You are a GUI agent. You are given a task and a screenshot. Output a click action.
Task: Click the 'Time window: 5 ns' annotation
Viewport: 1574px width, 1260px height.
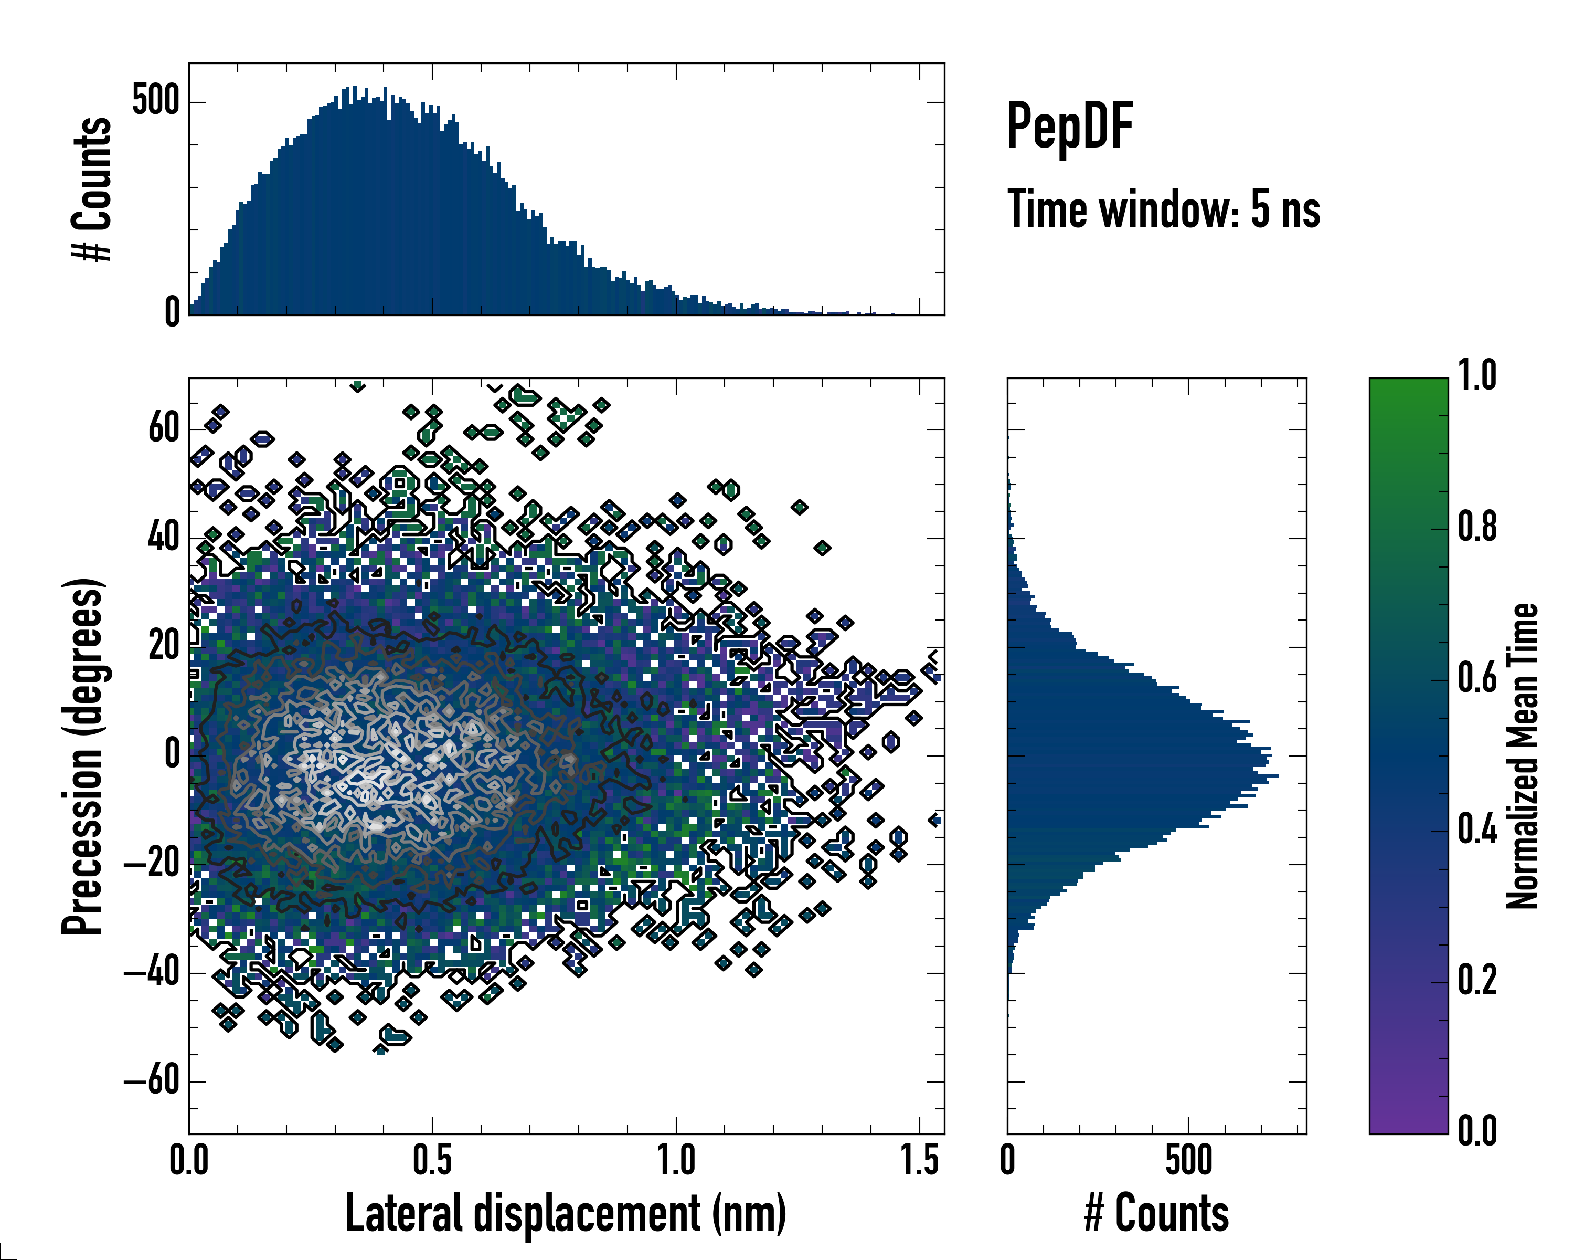(x=1163, y=209)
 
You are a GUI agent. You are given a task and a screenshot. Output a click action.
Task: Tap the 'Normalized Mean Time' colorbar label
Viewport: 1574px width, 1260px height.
(x=1522, y=756)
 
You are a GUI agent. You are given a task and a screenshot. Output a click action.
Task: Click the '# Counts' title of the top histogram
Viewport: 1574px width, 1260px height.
(x=92, y=189)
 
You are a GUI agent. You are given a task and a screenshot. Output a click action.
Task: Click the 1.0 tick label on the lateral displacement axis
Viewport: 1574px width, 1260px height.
(x=675, y=1161)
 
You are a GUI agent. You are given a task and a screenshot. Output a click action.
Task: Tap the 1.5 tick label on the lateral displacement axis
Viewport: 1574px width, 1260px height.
(x=919, y=1161)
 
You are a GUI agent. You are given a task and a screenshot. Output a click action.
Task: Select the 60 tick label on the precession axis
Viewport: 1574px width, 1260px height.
(x=164, y=429)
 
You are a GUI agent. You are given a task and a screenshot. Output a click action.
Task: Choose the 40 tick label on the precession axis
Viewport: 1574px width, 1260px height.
(x=164, y=538)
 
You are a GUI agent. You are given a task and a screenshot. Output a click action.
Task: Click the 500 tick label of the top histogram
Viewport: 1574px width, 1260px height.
(x=155, y=101)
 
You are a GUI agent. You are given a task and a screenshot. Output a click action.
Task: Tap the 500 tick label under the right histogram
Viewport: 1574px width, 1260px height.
(x=1188, y=1161)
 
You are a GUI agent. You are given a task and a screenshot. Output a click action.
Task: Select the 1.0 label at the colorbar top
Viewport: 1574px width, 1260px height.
(x=1477, y=376)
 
